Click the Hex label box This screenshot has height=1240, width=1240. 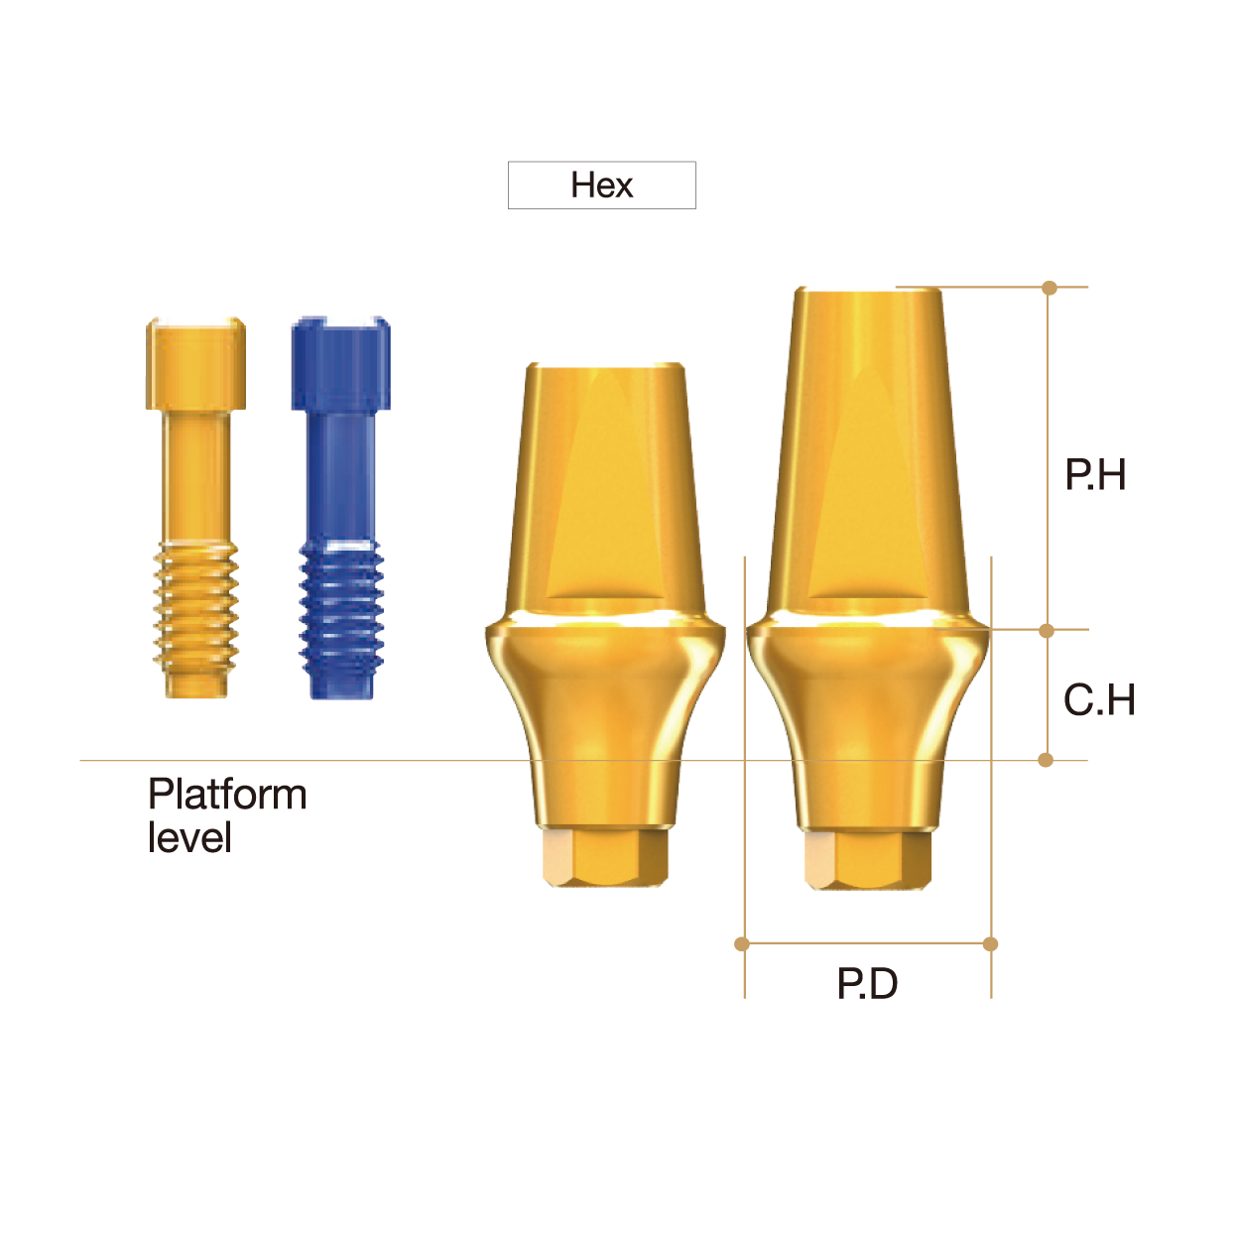[x=601, y=186]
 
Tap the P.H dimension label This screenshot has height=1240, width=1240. [x=1095, y=475]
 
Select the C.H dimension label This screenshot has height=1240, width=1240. [x=1099, y=700]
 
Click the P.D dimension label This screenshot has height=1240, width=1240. [x=867, y=984]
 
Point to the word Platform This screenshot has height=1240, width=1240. [x=227, y=795]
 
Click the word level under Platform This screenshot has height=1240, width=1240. [x=189, y=838]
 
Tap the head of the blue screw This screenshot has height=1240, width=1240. [x=340, y=363]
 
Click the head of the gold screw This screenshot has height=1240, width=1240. [x=195, y=363]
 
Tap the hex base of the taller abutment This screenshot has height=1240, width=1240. [x=867, y=859]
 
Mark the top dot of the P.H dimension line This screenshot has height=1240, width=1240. [x=1050, y=288]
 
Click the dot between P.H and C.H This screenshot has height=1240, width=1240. [x=1047, y=631]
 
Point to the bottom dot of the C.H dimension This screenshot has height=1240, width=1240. [x=1046, y=760]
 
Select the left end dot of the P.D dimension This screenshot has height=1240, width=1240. [x=742, y=943]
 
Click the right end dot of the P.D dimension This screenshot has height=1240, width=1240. [x=990, y=943]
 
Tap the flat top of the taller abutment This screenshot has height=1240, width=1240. [x=869, y=292]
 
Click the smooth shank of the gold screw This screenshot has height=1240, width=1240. [x=195, y=476]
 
